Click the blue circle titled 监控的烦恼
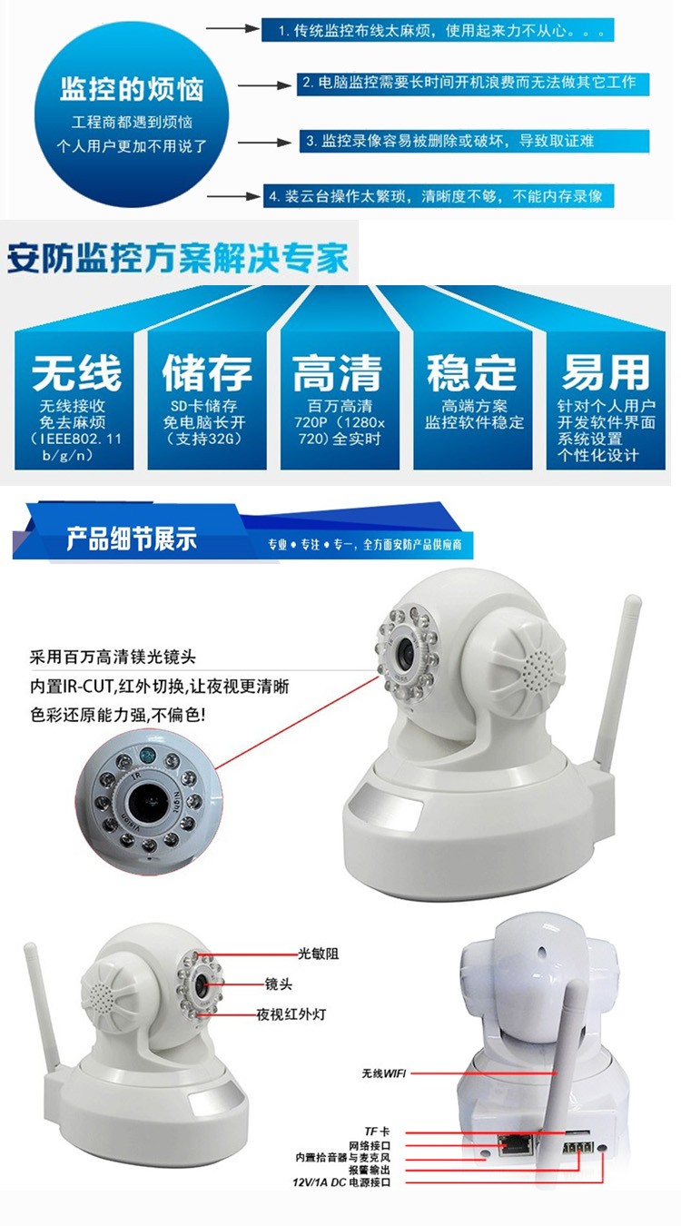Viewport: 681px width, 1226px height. (x=132, y=116)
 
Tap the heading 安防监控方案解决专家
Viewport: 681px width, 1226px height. (x=178, y=257)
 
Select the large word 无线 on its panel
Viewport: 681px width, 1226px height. (x=76, y=372)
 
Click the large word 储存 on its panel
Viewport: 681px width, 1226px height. (x=207, y=372)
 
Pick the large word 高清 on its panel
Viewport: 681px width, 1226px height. (x=337, y=372)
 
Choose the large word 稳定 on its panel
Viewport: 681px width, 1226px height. (x=472, y=372)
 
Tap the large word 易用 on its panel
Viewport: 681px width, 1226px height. (x=606, y=372)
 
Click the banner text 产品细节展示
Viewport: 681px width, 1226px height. (x=132, y=539)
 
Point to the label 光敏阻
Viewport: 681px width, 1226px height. (x=318, y=954)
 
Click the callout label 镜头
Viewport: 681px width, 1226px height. (x=279, y=984)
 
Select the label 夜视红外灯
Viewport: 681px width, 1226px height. (x=291, y=1014)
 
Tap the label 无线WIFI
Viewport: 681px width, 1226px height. (x=384, y=1073)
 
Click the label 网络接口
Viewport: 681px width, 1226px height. (x=370, y=1145)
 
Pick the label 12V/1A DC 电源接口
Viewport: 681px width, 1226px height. (x=341, y=1182)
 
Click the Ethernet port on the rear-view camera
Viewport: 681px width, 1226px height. (x=515, y=1144)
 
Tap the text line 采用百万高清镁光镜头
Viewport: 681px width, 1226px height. (x=113, y=657)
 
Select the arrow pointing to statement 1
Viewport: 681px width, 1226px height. (x=233, y=28)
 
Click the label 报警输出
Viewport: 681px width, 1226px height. (x=370, y=1171)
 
